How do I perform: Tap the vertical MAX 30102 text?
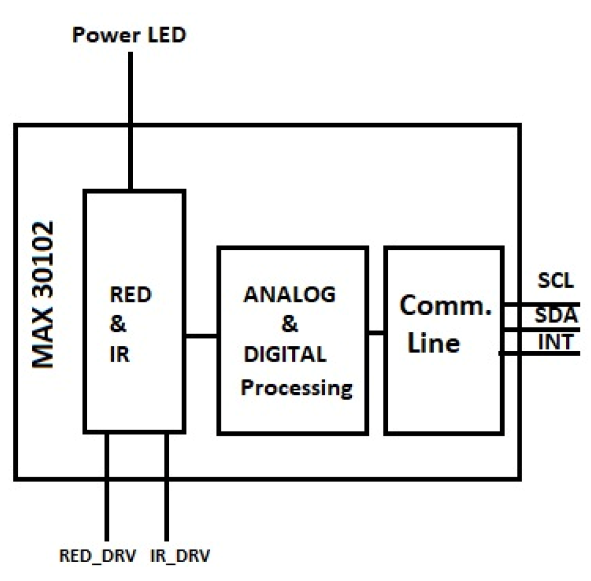coord(43,295)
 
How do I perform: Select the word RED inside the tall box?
coord(131,295)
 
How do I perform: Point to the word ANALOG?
coord(290,295)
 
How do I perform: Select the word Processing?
coord(296,388)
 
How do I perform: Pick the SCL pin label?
coord(555,281)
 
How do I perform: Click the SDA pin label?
coord(556,315)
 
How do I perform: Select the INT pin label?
coord(556,342)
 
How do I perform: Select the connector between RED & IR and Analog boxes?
coord(201,336)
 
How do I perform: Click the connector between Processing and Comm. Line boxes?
coord(375,333)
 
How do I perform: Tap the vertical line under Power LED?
coord(130,119)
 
